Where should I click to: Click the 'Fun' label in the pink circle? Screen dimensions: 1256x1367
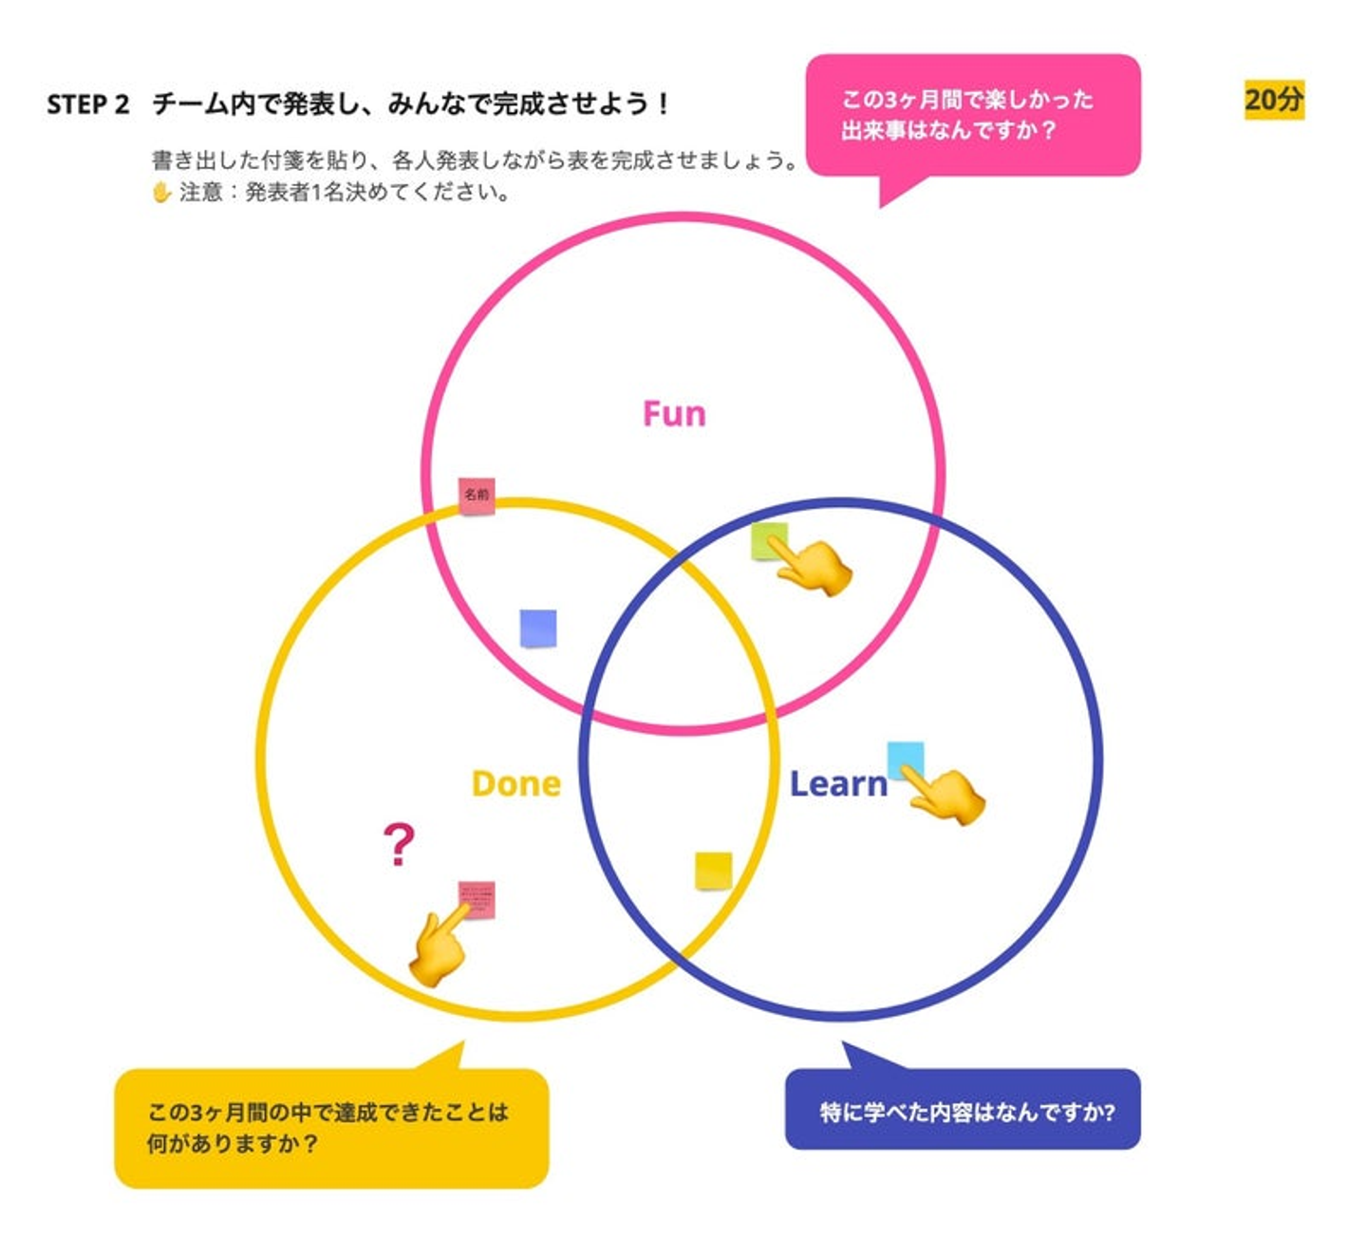pos(674,414)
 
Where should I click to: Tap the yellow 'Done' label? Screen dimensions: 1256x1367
pos(515,783)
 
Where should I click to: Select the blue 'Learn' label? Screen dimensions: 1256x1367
pos(838,783)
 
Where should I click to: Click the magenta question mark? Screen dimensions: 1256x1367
pos(399,844)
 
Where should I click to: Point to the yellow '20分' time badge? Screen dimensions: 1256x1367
pos(1274,100)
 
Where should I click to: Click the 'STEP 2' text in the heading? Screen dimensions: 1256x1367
pos(87,103)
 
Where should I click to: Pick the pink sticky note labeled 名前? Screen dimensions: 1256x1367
pos(477,495)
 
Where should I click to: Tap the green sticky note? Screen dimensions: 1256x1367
pos(767,540)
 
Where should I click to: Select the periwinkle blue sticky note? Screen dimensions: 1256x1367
pos(538,628)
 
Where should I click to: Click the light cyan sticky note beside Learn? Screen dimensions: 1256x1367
pos(905,759)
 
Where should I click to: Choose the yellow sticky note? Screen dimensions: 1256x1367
pos(713,871)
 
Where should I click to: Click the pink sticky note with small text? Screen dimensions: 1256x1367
pos(477,900)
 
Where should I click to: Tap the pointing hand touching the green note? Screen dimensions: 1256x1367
pos(815,567)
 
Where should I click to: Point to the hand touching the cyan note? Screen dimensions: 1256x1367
pos(946,796)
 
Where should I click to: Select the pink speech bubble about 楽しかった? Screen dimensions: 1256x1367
pos(972,115)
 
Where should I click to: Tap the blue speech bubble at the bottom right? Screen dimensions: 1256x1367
pos(963,1110)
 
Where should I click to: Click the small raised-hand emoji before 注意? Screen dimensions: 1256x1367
pos(161,193)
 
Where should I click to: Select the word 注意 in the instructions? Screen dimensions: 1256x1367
pos(200,193)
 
